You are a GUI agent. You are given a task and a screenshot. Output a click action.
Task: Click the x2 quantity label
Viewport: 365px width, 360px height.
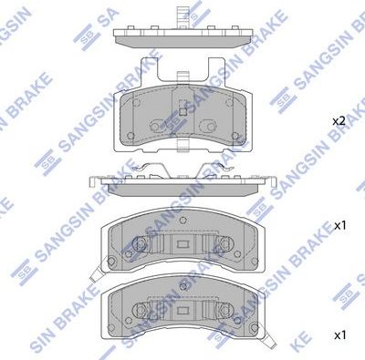tap(339, 120)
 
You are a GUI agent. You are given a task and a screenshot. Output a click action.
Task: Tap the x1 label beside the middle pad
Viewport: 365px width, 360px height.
tap(339, 224)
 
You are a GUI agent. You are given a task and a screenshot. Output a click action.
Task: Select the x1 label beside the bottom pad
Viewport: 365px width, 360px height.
tap(339, 335)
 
